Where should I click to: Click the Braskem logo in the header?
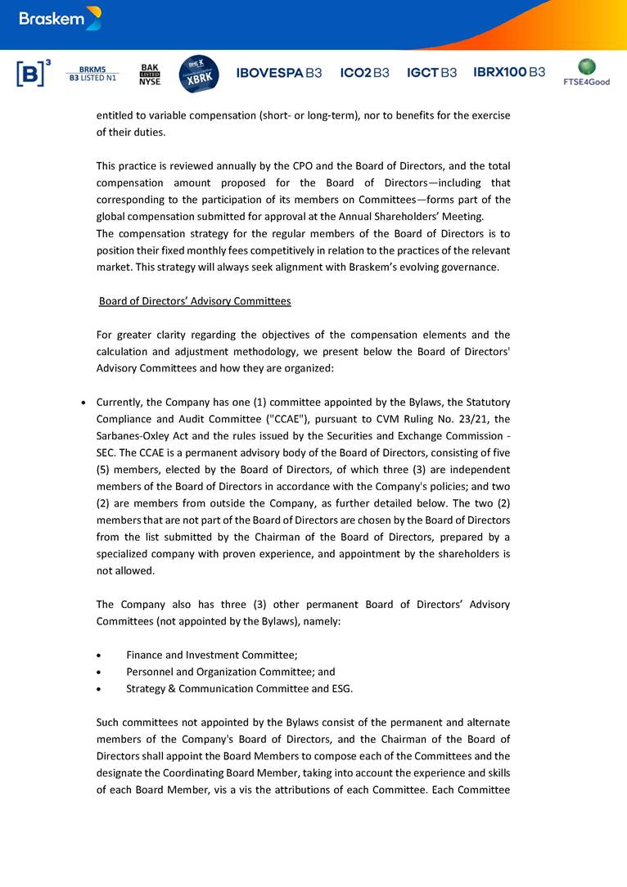[60, 18]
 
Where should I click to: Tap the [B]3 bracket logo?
[34, 73]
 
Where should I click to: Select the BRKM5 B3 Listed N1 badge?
[92, 74]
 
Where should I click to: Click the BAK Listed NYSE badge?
[150, 74]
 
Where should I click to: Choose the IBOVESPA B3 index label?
[279, 73]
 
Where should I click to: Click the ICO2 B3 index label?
[364, 73]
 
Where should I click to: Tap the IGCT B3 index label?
[431, 73]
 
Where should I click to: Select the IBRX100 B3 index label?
[508, 72]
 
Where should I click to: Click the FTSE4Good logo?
[586, 72]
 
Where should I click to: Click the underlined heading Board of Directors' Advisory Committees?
[195, 301]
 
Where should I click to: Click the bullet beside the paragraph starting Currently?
[85, 403]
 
